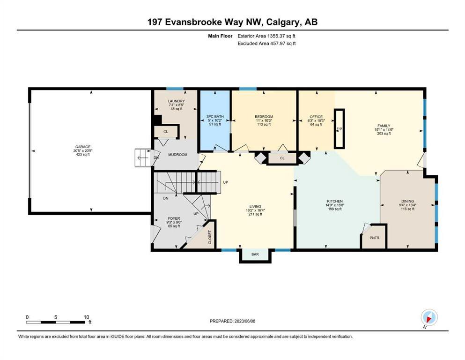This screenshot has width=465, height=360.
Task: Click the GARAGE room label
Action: click(x=83, y=147)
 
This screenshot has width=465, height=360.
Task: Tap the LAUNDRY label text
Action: click(x=176, y=101)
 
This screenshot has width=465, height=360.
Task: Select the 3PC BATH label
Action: click(x=215, y=117)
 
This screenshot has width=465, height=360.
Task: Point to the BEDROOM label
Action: click(x=264, y=117)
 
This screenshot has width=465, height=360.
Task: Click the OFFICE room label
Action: click(x=316, y=117)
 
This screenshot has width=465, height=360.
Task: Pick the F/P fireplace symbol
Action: click(x=339, y=129)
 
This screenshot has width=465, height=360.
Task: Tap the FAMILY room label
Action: click(x=384, y=126)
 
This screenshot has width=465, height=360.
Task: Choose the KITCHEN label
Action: click(x=335, y=201)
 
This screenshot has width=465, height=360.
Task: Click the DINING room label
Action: click(x=408, y=201)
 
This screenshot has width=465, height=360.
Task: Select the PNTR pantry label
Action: click(x=375, y=238)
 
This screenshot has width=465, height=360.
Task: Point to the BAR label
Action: click(x=255, y=255)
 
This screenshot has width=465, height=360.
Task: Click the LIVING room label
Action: click(x=255, y=206)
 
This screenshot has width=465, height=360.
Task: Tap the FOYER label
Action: click(x=174, y=218)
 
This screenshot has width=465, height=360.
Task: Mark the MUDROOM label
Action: click(x=178, y=155)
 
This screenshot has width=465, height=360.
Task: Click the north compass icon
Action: click(x=429, y=318)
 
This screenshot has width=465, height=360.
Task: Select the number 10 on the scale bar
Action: click(x=86, y=317)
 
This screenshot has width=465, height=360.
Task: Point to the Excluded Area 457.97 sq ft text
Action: click(x=266, y=43)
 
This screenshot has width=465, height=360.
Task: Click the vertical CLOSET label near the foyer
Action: click(x=210, y=237)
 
